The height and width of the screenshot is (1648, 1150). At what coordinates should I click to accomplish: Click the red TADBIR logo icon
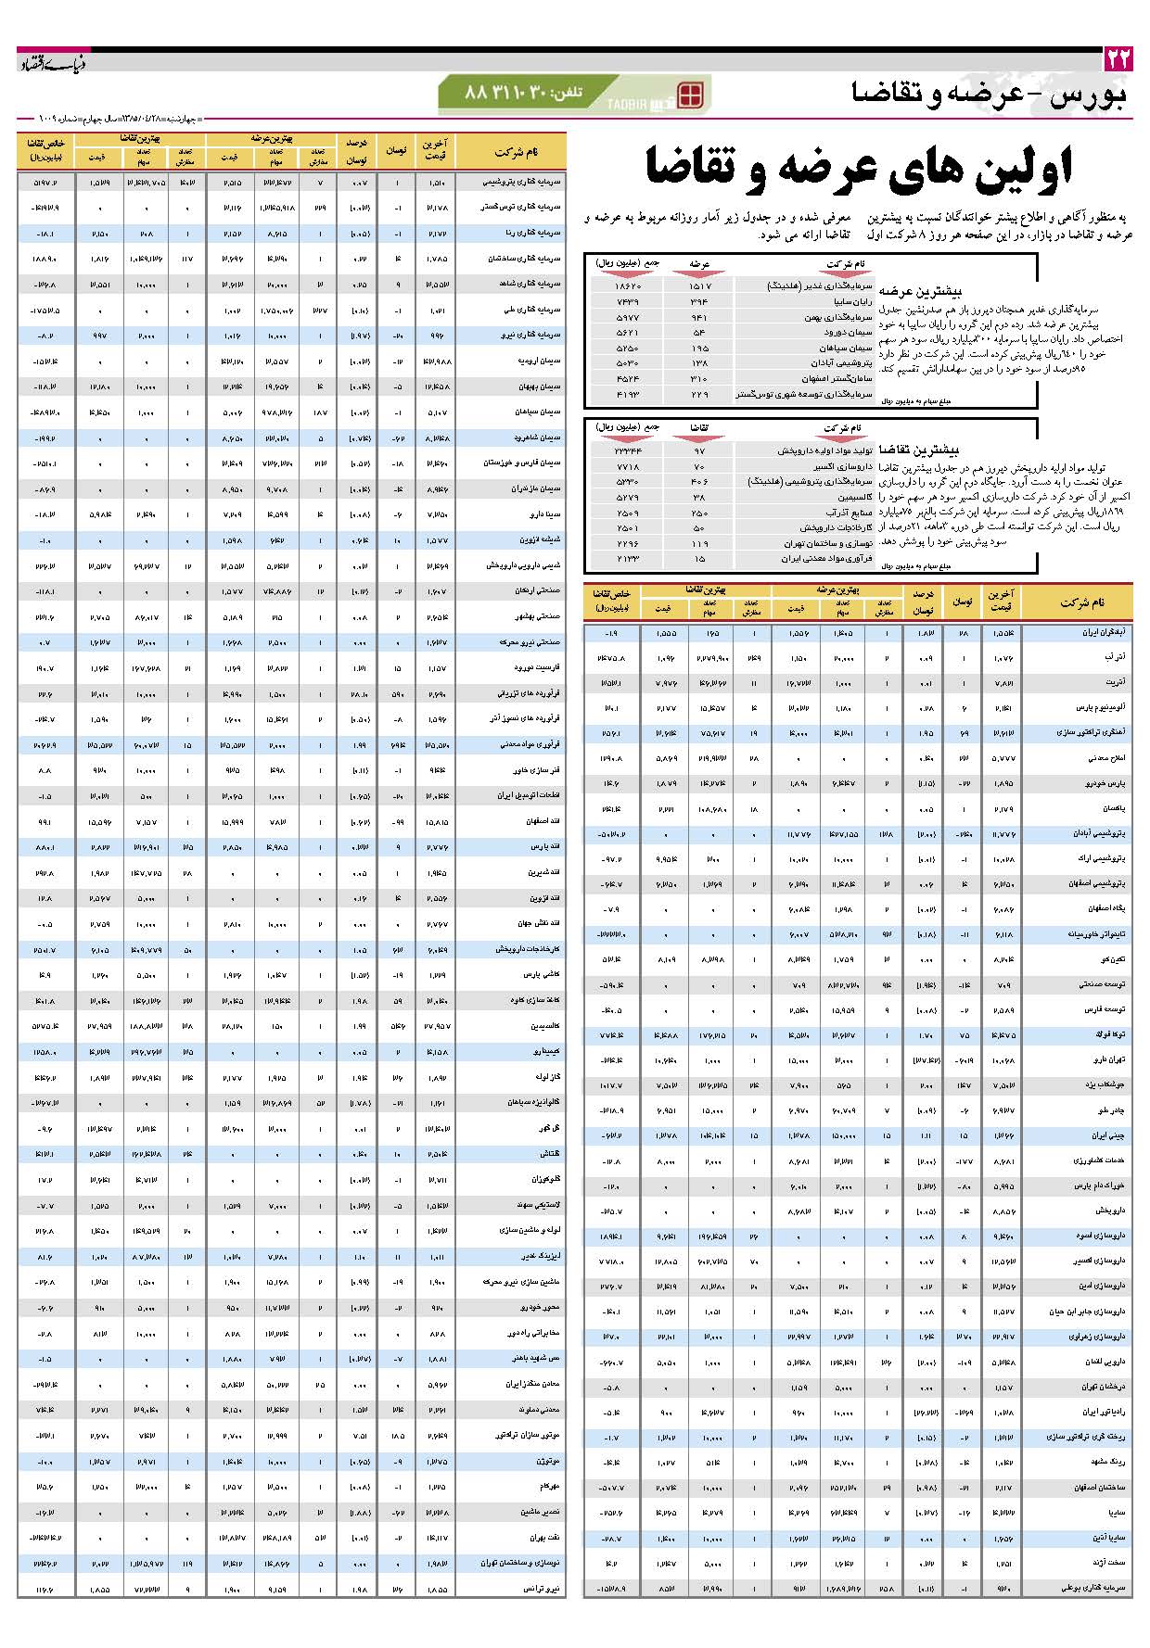[691, 95]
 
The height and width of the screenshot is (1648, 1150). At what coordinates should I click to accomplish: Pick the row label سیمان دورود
[848, 332]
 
